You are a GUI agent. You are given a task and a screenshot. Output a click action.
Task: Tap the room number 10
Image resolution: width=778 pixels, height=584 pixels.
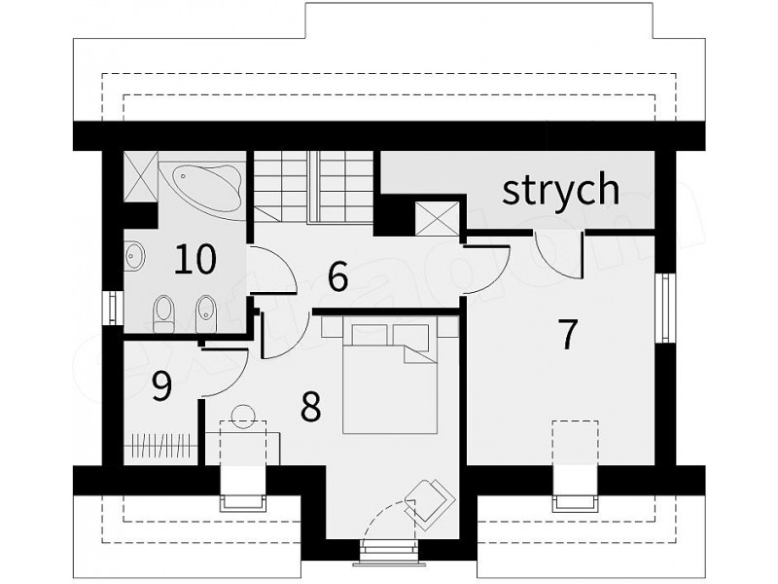click(x=195, y=259)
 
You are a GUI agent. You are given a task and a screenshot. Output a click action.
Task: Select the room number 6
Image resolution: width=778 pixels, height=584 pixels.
click(x=337, y=277)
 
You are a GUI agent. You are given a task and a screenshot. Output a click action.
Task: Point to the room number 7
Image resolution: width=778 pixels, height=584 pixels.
click(x=568, y=334)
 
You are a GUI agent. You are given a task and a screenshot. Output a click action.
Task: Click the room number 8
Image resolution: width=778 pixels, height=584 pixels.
click(x=310, y=407)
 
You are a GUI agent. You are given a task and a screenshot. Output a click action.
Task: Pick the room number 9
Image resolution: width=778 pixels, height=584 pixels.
click(x=161, y=385)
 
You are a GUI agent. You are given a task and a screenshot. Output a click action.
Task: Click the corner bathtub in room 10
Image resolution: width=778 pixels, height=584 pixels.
click(x=207, y=186)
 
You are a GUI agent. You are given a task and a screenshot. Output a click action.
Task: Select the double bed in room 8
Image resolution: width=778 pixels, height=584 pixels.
click(x=390, y=376)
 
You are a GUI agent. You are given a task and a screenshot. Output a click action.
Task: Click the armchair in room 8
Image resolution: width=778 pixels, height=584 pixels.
click(x=428, y=504)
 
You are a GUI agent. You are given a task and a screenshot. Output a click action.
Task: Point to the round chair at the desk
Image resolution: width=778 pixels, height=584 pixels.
click(x=243, y=417)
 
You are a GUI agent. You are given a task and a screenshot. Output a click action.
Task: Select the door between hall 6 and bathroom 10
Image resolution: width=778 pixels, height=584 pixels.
click(x=272, y=271)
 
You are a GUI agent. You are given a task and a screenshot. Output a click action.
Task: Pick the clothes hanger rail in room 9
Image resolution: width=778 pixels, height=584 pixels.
click(x=161, y=445)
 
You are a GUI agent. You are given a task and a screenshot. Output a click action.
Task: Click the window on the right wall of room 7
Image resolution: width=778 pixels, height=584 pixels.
click(x=666, y=308)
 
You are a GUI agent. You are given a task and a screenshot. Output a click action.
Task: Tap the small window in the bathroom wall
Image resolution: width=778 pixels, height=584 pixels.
click(x=113, y=308)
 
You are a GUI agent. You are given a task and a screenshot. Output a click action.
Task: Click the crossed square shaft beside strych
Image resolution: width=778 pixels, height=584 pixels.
click(x=437, y=218)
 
